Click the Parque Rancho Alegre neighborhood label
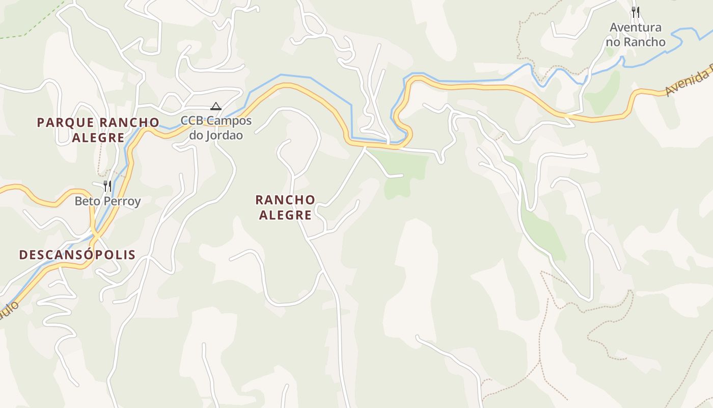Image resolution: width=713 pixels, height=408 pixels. tap(98, 130)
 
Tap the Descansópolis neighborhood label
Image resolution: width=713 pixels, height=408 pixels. tap(77, 254)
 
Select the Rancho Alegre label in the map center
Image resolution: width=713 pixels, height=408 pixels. tap(285, 207)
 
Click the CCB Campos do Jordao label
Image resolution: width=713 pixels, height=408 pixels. tap(216, 128)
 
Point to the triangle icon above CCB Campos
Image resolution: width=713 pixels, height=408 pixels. tap(216, 107)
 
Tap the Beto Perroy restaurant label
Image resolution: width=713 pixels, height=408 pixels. tap(107, 201)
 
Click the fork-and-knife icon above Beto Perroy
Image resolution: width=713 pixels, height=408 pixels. tap(107, 186)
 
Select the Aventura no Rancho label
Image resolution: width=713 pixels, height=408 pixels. tap(636, 35)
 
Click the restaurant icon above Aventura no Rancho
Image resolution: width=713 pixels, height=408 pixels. tap(636, 12)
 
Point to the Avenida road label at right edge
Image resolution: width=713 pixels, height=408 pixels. tap(688, 82)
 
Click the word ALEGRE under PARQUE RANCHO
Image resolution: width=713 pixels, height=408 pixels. tap(98, 137)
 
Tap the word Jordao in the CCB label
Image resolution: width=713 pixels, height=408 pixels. tap(223, 135)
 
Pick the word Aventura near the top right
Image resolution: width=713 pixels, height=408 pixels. tap(636, 28)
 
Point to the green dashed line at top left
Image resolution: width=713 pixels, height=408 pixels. tap(31, 31)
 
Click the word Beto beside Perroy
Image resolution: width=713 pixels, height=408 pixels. tap(85, 201)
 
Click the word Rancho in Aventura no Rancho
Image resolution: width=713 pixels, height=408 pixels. tap(644, 42)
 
